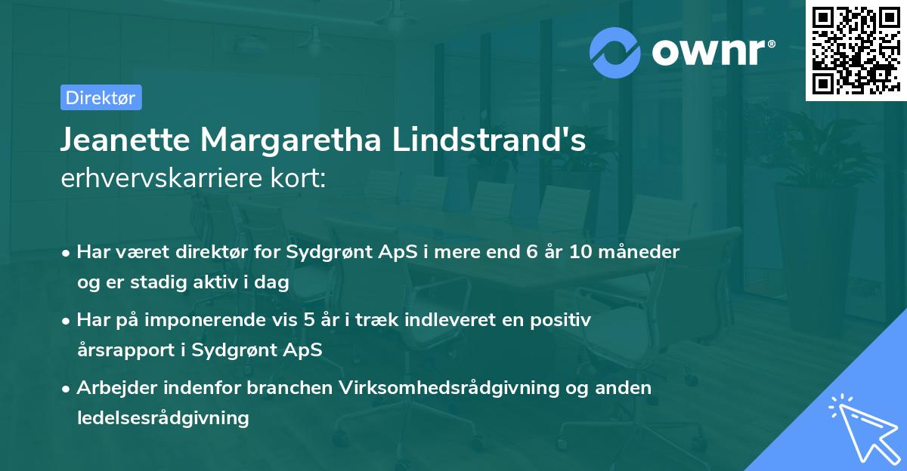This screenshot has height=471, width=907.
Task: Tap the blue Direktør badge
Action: pyautogui.click(x=101, y=97)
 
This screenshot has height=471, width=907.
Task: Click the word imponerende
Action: pyautogui.click(x=230, y=320)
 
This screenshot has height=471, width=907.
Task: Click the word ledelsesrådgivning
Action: pyautogui.click(x=163, y=417)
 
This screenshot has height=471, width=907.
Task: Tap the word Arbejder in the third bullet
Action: pyautogui.click(x=113, y=388)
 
